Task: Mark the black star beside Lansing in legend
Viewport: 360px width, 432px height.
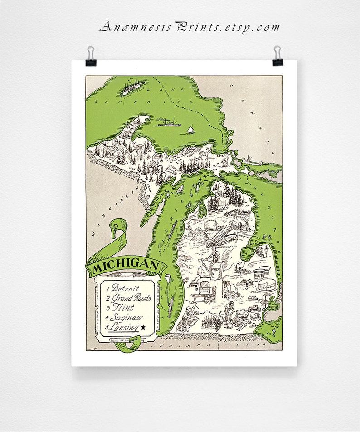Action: (x=144, y=327)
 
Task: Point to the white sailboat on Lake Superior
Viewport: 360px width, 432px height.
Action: (x=190, y=130)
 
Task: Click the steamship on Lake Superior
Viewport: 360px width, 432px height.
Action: (x=168, y=122)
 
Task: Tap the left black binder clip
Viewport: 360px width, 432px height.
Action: (x=91, y=55)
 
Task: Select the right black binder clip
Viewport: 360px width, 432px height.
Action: (x=277, y=55)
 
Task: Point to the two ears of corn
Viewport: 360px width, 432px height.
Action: (x=223, y=238)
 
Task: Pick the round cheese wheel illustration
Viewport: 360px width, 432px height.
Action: (x=267, y=286)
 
